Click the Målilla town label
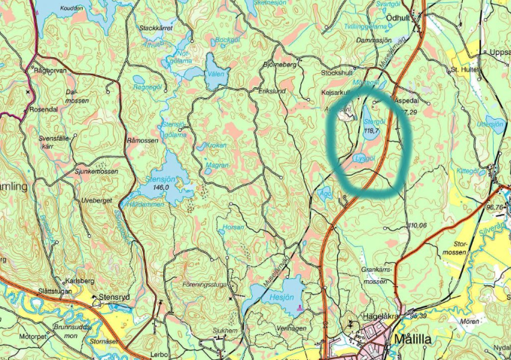click(413, 340)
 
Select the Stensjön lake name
click(160, 180)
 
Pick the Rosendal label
click(44, 108)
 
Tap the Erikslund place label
click(273, 90)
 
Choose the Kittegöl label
click(468, 171)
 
